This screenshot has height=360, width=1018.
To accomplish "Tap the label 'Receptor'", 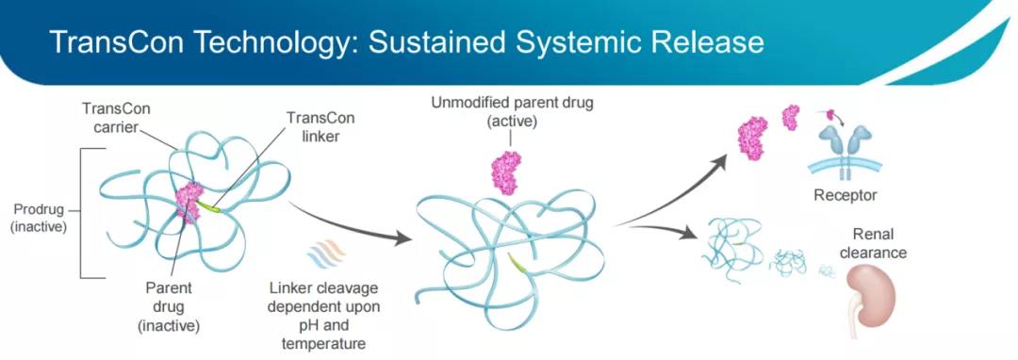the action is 846,194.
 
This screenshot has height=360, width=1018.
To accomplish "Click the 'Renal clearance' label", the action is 873,243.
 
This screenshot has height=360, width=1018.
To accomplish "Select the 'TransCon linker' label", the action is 320,128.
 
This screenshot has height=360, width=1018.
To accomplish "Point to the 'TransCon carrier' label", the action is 116,118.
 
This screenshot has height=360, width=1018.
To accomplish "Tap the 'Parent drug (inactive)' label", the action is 168,306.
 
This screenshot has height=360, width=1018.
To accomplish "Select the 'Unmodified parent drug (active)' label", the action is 512,112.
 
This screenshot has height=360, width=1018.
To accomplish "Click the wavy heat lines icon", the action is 326,254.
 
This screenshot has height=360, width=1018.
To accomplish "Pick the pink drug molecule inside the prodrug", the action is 189,202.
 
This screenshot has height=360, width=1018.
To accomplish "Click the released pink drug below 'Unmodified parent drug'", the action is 506,172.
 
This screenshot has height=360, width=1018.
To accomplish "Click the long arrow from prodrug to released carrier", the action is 352,223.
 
